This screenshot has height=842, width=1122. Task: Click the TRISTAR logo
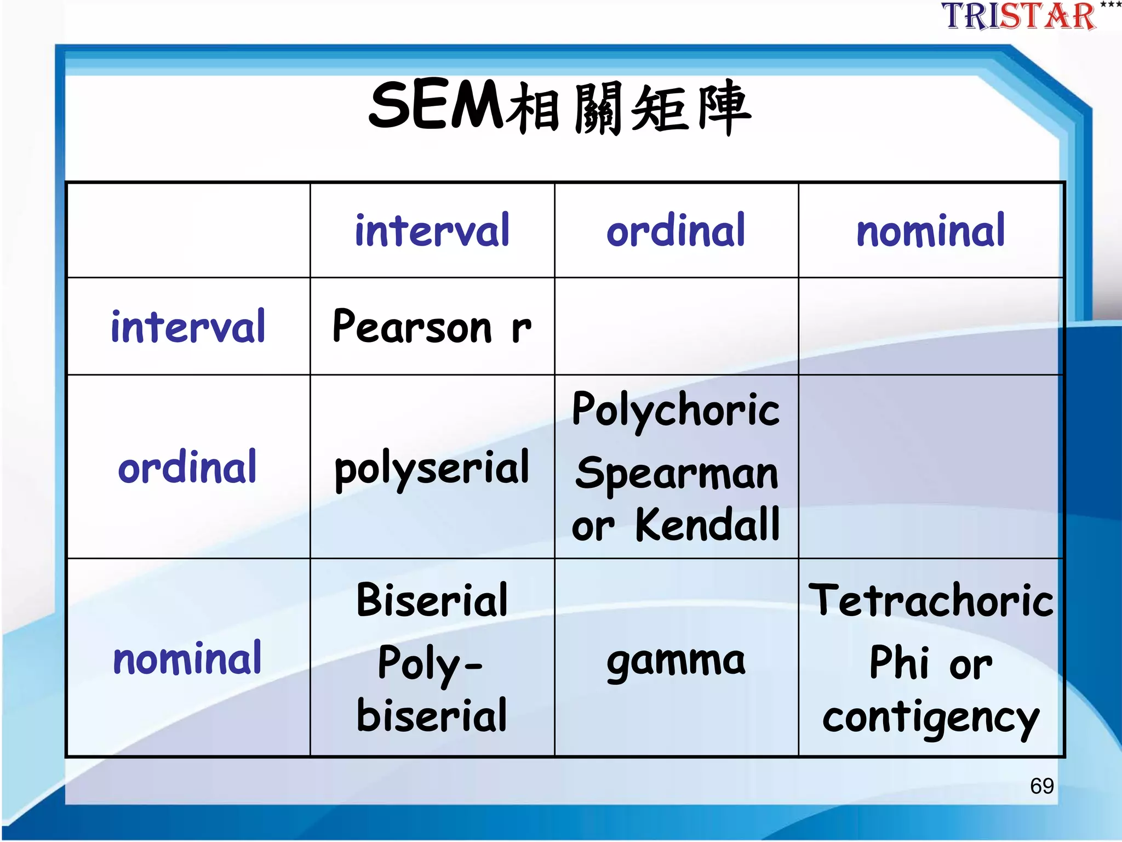tap(1019, 16)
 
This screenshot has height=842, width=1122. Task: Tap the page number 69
tap(1041, 786)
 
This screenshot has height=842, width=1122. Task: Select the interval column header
tap(432, 231)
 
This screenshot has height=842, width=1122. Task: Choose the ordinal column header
tap(676, 231)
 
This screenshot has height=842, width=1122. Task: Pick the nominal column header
tap(931, 231)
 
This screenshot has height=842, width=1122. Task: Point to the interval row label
tap(188, 327)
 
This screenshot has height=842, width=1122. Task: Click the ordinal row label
tap(187, 467)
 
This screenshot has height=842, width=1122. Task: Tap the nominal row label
tap(187, 658)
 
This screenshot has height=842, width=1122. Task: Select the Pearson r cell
tap(432, 327)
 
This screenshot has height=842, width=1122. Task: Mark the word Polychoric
tap(676, 410)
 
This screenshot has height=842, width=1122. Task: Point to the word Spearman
tap(677, 473)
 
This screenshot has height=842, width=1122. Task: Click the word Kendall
tap(707, 525)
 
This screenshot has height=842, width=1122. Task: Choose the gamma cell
tap(676, 661)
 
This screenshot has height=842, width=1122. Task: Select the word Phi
tap(899, 663)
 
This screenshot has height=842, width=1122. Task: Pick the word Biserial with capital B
tap(432, 600)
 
